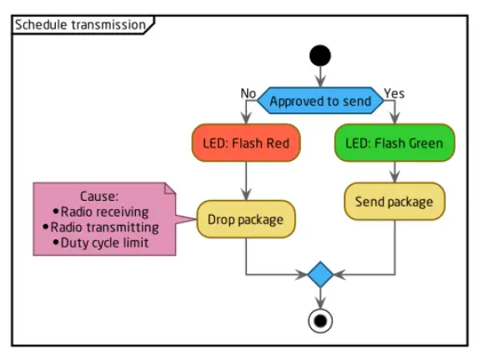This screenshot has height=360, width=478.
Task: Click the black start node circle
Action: click(x=320, y=56)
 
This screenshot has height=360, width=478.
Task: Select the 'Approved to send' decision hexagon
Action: click(x=320, y=101)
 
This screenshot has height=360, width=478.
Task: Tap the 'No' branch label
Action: click(x=249, y=92)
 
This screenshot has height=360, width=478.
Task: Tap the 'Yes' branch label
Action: click(x=394, y=92)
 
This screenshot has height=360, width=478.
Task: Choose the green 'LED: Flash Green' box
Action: click(x=395, y=143)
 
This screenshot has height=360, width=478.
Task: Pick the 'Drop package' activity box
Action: click(x=246, y=220)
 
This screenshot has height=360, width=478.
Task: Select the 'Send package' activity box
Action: click(x=395, y=202)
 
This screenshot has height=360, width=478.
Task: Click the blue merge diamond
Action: click(x=320, y=273)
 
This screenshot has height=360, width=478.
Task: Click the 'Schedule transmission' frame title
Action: click(x=80, y=24)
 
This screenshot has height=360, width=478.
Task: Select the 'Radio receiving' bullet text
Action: click(x=104, y=212)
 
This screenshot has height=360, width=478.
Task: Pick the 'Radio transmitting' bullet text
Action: click(x=104, y=227)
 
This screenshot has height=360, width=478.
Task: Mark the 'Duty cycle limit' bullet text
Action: click(x=104, y=242)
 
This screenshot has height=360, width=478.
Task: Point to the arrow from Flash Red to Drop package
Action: click(x=246, y=179)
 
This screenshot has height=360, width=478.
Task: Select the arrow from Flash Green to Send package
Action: click(x=395, y=172)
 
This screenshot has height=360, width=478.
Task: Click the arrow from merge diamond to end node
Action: click(x=320, y=297)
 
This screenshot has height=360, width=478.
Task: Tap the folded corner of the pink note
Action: click(x=170, y=190)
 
